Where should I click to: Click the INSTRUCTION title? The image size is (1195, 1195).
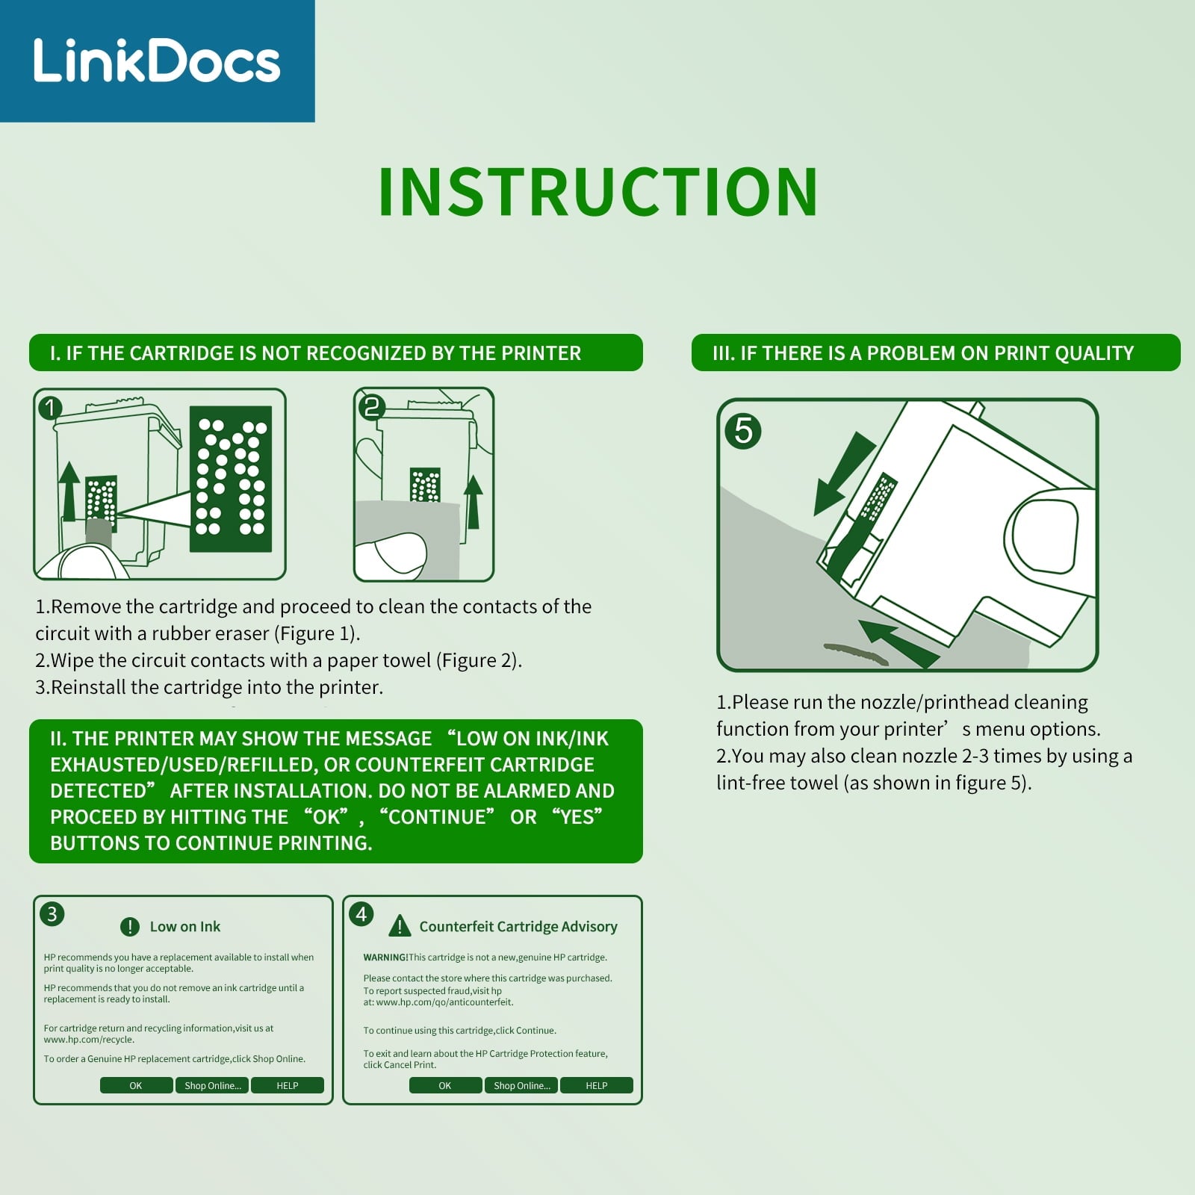[598, 192]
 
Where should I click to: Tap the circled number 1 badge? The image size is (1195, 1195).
[50, 408]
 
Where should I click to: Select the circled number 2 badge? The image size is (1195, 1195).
[371, 406]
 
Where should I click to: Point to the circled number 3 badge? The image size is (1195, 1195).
[52, 913]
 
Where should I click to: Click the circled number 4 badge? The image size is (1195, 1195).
[361, 913]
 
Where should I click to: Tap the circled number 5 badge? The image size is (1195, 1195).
[743, 430]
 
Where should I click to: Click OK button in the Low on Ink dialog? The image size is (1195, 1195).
[136, 1085]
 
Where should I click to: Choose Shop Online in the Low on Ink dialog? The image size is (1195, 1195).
[212, 1085]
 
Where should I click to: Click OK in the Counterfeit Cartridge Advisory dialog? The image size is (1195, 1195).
[445, 1085]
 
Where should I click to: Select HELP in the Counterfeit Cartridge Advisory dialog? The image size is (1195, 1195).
[596, 1085]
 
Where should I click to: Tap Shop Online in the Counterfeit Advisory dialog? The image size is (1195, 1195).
[521, 1085]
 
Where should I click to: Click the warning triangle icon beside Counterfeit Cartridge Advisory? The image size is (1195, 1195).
[400, 927]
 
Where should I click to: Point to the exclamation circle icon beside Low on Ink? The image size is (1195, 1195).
[130, 927]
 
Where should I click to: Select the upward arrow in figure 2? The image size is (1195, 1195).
[473, 502]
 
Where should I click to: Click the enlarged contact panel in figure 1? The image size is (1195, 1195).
[231, 479]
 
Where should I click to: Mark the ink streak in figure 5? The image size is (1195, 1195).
[856, 654]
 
